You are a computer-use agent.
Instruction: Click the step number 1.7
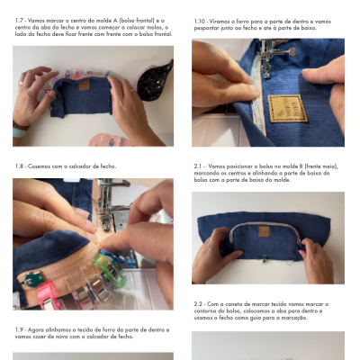[19, 19]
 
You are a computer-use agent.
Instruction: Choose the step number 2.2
[201, 303]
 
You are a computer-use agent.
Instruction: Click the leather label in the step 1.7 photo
[83, 87]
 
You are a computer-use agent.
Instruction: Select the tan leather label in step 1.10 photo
[288, 108]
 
